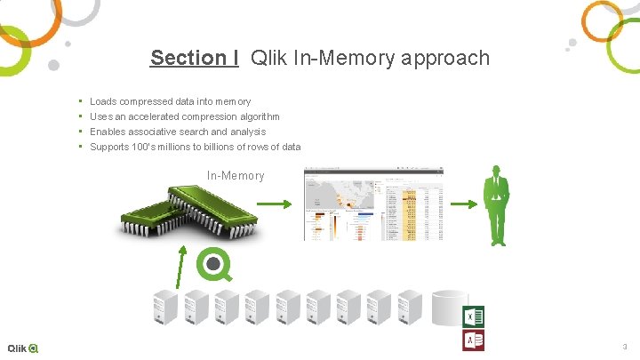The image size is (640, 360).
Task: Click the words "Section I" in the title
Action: point(194,59)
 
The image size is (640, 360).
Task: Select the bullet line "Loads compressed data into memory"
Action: point(170,102)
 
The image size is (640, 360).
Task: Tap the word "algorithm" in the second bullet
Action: point(258,117)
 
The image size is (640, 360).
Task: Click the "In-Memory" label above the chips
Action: point(236,176)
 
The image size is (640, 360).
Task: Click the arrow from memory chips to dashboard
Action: point(279,205)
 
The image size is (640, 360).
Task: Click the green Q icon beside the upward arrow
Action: point(213,264)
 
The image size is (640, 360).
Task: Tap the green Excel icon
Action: point(474,316)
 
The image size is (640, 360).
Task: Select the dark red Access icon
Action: point(474,341)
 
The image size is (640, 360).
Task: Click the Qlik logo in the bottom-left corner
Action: point(22,348)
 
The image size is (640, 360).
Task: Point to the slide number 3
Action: point(624,347)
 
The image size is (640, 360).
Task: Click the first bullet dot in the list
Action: point(81,102)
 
